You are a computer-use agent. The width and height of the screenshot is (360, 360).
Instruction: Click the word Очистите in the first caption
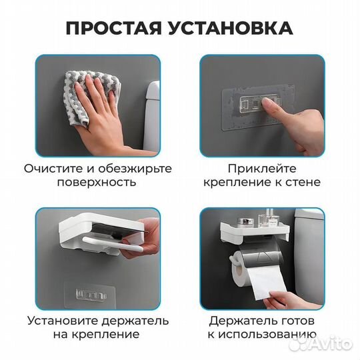click(x=52, y=168)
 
